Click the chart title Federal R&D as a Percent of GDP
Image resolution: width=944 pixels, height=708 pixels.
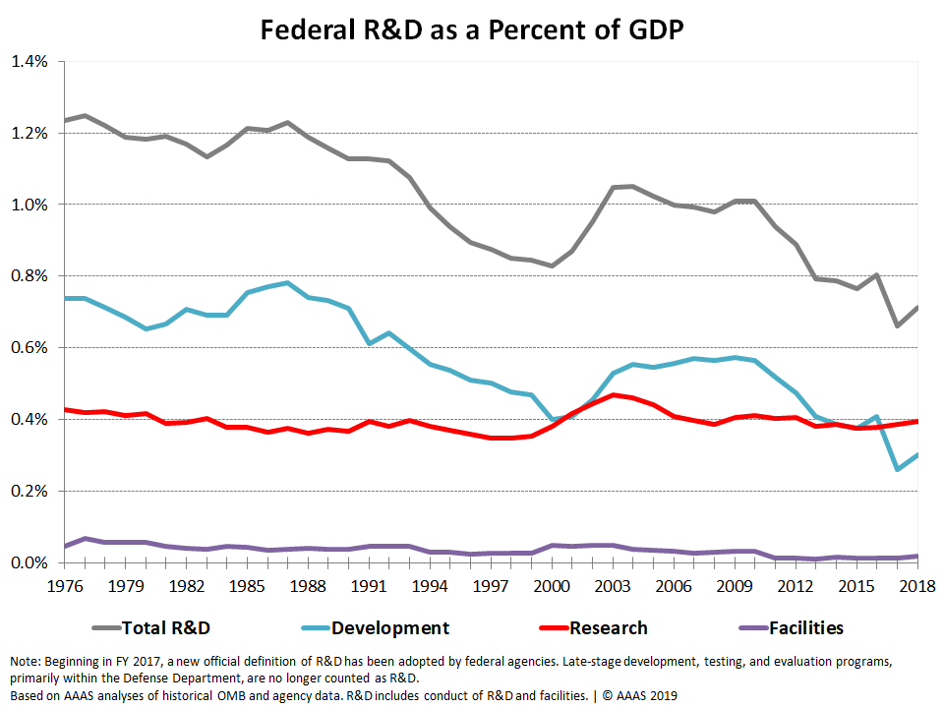pos(471,29)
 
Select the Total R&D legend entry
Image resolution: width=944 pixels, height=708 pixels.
pos(164,627)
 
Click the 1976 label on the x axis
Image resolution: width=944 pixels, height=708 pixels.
pos(64,585)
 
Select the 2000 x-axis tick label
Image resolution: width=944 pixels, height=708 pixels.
pos(552,585)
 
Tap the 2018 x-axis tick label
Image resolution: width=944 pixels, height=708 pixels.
pos(917,585)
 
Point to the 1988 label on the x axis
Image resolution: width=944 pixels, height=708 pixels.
pos(308,585)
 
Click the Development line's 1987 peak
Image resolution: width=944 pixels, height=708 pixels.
pos(287,283)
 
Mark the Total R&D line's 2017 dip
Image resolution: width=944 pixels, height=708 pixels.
pos(897,325)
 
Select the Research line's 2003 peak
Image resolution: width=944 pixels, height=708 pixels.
pos(613,395)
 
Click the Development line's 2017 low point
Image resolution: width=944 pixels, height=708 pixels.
pos(897,469)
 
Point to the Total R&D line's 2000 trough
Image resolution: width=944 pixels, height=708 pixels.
pos(552,265)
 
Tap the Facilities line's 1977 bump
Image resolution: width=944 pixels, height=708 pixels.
pos(85,538)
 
